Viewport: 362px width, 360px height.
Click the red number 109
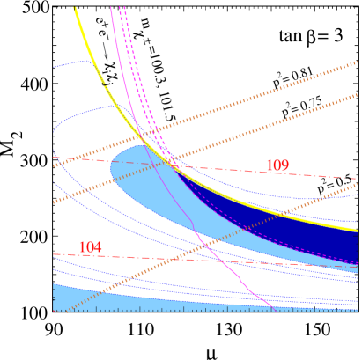pyautogui.click(x=277, y=166)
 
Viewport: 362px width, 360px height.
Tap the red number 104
pyautogui.click(x=90, y=248)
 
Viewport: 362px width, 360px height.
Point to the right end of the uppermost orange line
pyautogui.click(x=357, y=62)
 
